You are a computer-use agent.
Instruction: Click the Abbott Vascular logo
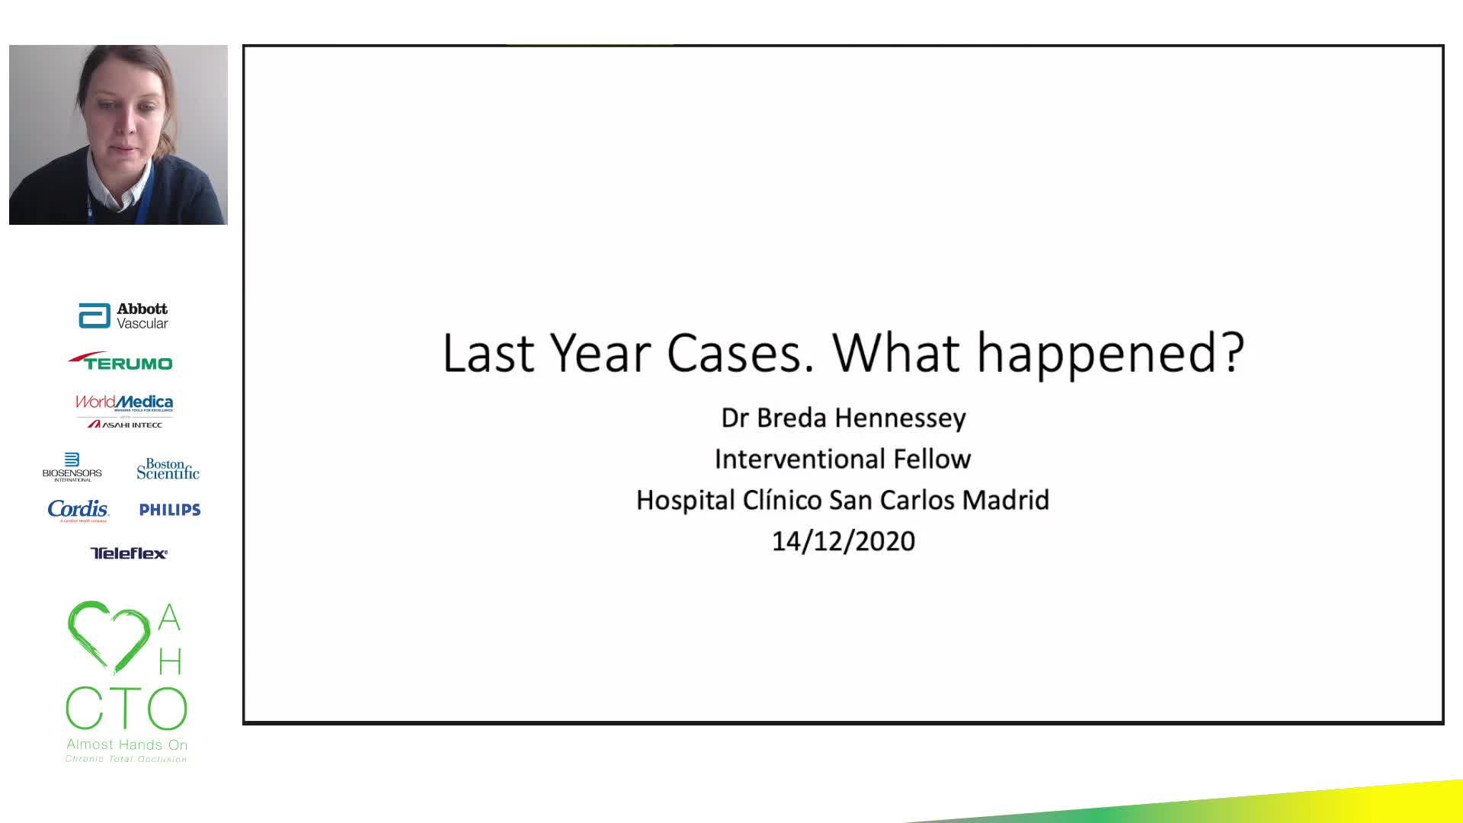click(123, 315)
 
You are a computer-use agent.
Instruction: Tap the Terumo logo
click(120, 361)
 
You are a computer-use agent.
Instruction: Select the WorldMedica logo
click(124, 402)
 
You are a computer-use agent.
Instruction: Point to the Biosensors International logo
click(72, 467)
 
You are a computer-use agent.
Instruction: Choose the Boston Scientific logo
click(168, 469)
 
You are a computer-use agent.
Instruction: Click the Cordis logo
click(78, 510)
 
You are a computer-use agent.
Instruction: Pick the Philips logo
click(170, 510)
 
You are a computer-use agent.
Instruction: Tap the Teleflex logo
click(129, 553)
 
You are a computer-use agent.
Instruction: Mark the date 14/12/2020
click(844, 541)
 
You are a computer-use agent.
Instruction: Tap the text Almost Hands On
click(126, 745)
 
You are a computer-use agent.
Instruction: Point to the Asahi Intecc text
click(125, 424)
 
